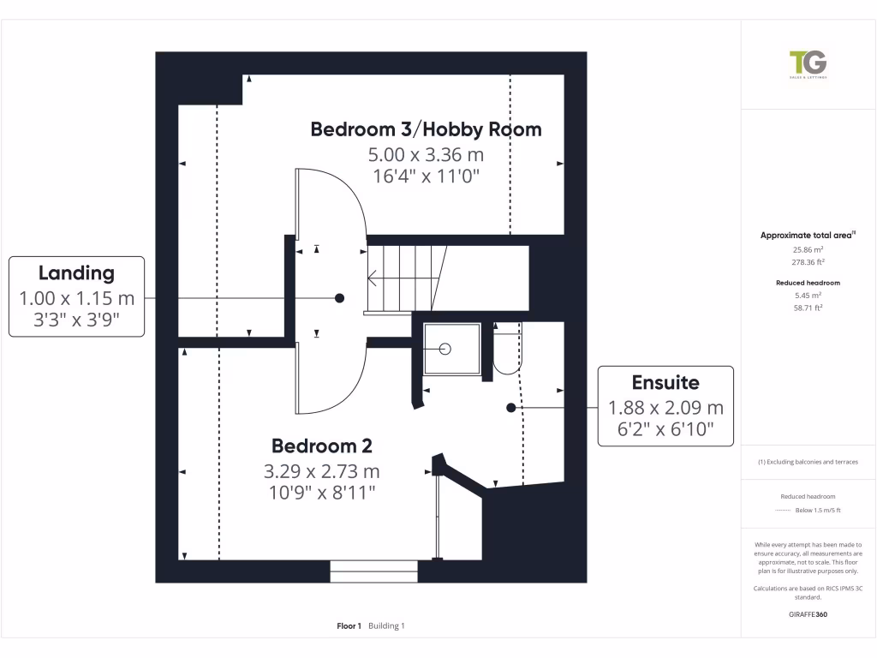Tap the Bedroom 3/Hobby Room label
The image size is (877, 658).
(x=426, y=129)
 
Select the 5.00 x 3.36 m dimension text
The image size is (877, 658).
(x=426, y=155)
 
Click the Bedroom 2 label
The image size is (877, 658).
(x=322, y=446)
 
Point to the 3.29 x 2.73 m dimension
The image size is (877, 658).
(x=322, y=471)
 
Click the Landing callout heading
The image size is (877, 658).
(x=76, y=273)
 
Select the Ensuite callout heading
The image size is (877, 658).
(x=665, y=383)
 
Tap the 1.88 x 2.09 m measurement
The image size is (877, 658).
(x=665, y=408)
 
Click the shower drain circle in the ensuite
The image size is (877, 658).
(x=444, y=349)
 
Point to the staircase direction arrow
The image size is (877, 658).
(x=373, y=278)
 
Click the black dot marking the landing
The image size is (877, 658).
(x=340, y=298)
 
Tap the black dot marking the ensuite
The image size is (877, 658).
(x=510, y=408)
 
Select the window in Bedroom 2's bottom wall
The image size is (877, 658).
(x=373, y=571)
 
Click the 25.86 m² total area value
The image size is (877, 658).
(x=808, y=249)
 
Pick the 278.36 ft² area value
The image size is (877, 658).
(x=808, y=262)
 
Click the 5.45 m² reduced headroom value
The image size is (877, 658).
(x=808, y=295)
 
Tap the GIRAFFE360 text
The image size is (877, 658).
(x=808, y=614)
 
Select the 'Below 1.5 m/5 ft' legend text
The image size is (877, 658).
(x=818, y=511)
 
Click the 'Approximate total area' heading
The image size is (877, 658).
(x=806, y=235)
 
